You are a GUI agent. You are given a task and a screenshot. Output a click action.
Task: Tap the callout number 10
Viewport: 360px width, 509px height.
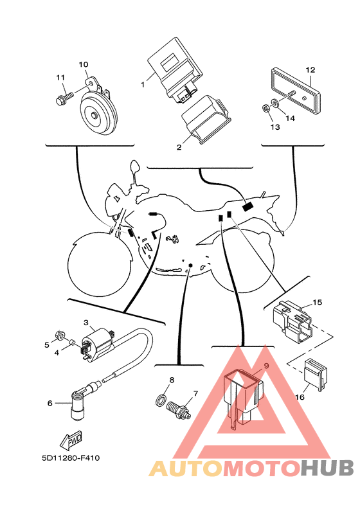coord(84,64)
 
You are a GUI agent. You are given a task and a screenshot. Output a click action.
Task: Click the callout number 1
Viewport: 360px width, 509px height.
coord(143,84)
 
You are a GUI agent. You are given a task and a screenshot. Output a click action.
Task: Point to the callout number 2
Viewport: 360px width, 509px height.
coord(179,147)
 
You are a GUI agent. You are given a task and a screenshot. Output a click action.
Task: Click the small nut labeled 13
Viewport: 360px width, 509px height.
coord(265,109)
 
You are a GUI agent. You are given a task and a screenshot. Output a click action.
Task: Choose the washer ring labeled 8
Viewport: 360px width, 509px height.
coord(161,401)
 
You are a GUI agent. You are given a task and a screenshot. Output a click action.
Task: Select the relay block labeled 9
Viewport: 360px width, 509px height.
coord(244,397)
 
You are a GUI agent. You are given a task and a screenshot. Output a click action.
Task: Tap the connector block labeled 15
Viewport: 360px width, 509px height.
coord(292,321)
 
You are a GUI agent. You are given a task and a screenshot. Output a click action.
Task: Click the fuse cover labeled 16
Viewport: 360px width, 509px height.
coord(315,375)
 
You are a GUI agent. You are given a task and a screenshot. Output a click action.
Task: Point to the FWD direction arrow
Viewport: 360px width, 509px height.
coord(71,440)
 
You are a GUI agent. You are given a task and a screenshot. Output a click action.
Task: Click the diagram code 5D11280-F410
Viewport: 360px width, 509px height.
coord(71,458)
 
